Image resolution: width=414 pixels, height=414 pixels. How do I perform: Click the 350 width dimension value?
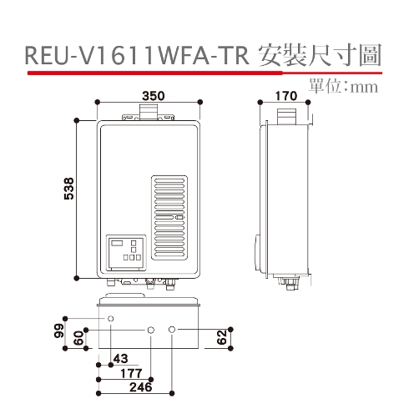pyautogui.click(x=154, y=96)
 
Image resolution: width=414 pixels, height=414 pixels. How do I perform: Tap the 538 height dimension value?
pyautogui.click(x=69, y=189)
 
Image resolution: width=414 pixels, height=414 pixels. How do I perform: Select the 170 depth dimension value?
pyautogui.click(x=286, y=96)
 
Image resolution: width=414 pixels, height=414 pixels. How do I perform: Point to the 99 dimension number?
pyautogui.click(x=59, y=331)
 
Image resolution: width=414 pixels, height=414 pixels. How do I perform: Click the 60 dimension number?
pyautogui.click(x=79, y=338)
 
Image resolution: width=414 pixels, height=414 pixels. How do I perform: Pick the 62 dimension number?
pyautogui.click(x=222, y=337)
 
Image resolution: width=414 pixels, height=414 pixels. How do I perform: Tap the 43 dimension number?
pyautogui.click(x=120, y=359)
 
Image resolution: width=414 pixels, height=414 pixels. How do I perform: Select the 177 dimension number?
pyautogui.click(x=131, y=373)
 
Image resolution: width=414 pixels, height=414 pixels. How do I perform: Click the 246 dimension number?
pyautogui.click(x=141, y=387)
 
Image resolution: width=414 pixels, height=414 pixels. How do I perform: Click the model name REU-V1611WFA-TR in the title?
pyautogui.click(x=137, y=56)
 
